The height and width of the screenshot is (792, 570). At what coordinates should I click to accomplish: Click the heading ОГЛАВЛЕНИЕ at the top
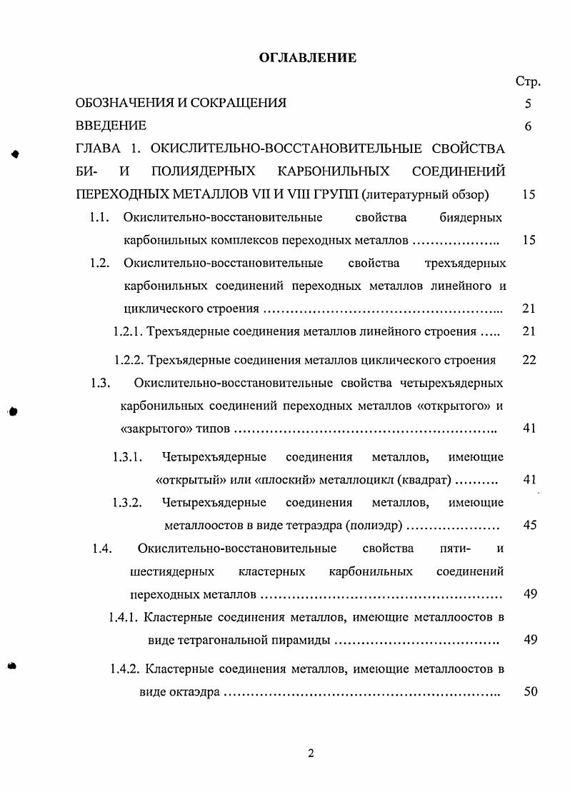click(307, 58)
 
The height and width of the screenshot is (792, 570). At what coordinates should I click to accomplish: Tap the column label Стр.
click(527, 81)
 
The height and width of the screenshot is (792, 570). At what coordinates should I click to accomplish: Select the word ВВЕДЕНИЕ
click(111, 126)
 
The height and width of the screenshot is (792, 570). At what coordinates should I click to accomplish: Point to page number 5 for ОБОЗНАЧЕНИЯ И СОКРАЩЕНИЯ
click(528, 103)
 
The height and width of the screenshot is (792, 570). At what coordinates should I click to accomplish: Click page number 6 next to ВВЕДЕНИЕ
click(528, 126)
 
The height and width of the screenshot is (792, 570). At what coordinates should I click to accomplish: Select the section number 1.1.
click(99, 217)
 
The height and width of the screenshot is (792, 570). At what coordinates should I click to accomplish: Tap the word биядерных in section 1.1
click(470, 217)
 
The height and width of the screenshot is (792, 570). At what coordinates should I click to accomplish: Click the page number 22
click(529, 359)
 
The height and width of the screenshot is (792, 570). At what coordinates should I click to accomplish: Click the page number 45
click(529, 526)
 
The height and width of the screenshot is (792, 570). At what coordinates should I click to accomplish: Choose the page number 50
click(529, 691)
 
